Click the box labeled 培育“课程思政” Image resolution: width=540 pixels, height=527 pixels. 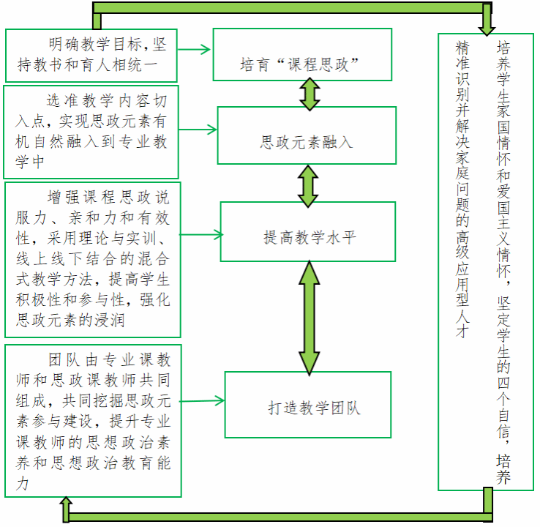pyautogui.click(x=302, y=54)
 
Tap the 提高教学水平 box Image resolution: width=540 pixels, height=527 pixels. pyautogui.click(x=308, y=232)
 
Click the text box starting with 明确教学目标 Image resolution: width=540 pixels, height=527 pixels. pyautogui.click(x=92, y=56)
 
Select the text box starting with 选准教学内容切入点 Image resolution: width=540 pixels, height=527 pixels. pyautogui.click(x=91, y=132)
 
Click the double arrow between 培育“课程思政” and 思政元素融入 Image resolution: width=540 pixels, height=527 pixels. pyautogui.click(x=310, y=93)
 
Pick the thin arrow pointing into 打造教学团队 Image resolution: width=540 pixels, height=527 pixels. pyautogui.click(x=202, y=400)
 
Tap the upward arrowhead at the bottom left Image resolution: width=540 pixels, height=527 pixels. pyautogui.click(x=65, y=506)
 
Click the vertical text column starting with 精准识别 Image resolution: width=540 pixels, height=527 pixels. pyautogui.click(x=462, y=190)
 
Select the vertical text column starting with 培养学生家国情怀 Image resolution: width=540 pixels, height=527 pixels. pyautogui.click(x=503, y=263)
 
